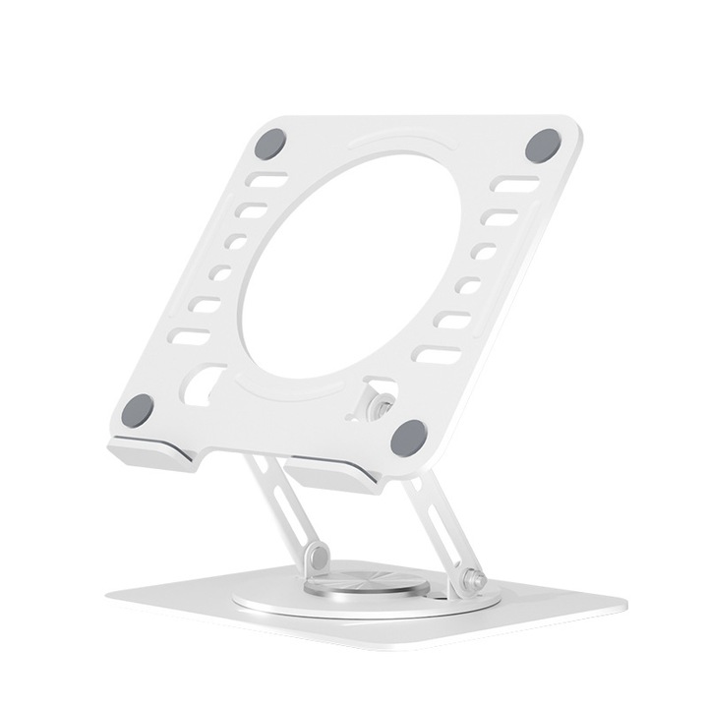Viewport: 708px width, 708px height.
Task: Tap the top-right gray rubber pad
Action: pos(542,146)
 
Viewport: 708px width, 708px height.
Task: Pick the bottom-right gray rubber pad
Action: pos(408,436)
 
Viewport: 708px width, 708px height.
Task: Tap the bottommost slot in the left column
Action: pos(189,337)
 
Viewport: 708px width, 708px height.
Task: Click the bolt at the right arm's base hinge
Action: pos(477,582)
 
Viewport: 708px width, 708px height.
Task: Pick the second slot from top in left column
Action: pos(253,210)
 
